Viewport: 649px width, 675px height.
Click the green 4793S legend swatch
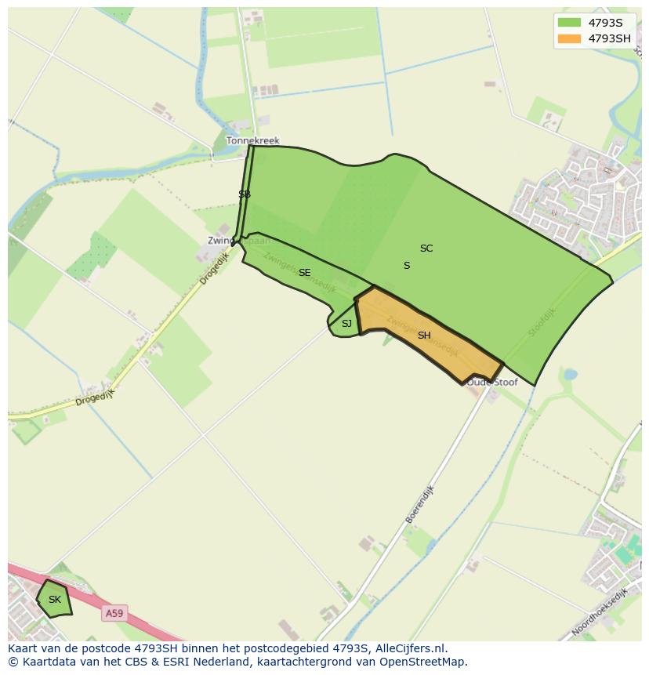pos(569,22)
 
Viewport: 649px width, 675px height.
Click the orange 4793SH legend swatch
pos(569,38)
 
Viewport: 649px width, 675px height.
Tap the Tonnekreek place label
pos(252,141)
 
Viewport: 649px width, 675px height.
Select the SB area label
pos(245,194)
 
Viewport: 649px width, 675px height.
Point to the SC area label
pos(426,249)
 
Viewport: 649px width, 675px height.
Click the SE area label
pos(305,273)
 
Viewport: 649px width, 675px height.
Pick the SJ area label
pos(346,324)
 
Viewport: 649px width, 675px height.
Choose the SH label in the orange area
pos(424,336)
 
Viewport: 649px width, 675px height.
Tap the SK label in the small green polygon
pos(54,600)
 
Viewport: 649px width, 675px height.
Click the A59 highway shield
pos(114,613)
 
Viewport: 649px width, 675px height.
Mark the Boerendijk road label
pos(419,504)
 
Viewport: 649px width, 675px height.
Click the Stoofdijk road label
pos(541,322)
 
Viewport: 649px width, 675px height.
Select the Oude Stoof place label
pos(492,383)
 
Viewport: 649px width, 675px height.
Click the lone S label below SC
pos(407,266)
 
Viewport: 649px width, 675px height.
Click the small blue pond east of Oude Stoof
pos(570,375)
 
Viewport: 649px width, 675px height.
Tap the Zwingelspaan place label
pos(228,241)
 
